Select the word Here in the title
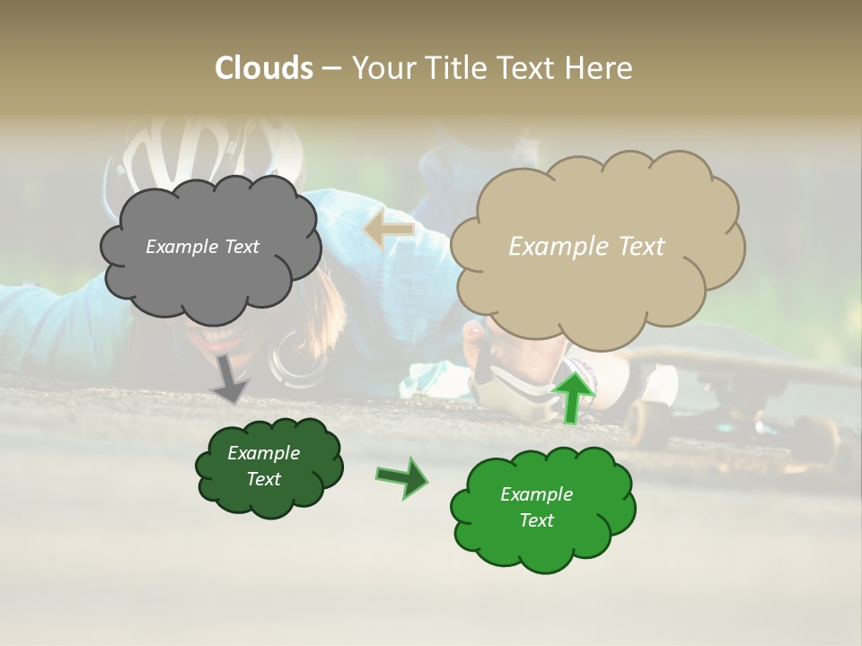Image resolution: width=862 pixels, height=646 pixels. pos(599,68)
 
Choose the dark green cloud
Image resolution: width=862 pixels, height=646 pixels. pos(269,498)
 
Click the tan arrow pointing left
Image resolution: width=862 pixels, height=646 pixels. pos(389,230)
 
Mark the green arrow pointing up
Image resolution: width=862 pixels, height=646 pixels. pos(573,395)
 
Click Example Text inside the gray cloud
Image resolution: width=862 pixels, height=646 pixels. pos(202,247)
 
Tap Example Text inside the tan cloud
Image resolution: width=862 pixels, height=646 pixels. pos(586,247)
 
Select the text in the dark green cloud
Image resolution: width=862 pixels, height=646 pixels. pos(263,466)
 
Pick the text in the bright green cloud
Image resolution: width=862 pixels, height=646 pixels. pos(536,507)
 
